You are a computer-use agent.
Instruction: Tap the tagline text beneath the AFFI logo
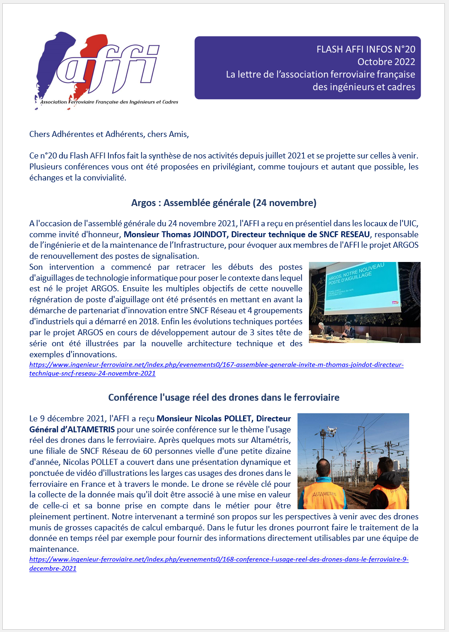109,102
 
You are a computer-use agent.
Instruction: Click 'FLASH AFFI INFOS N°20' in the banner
366,49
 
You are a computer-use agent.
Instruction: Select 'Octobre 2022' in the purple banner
386,62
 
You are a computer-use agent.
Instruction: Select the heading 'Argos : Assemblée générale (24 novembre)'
224,203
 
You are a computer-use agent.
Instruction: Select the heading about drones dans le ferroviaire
224,398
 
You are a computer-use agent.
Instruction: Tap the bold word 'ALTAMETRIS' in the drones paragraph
91,430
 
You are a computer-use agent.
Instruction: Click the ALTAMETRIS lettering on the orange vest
324,494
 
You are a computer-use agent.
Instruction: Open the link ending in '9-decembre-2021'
53,568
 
